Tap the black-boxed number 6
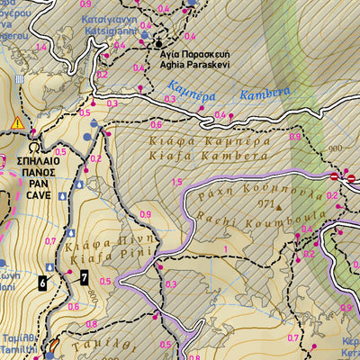[x=42, y=283]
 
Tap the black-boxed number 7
[x=84, y=277]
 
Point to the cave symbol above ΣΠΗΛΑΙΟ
[x=34, y=143]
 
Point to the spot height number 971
[x=264, y=206]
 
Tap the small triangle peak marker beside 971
[x=279, y=206]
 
